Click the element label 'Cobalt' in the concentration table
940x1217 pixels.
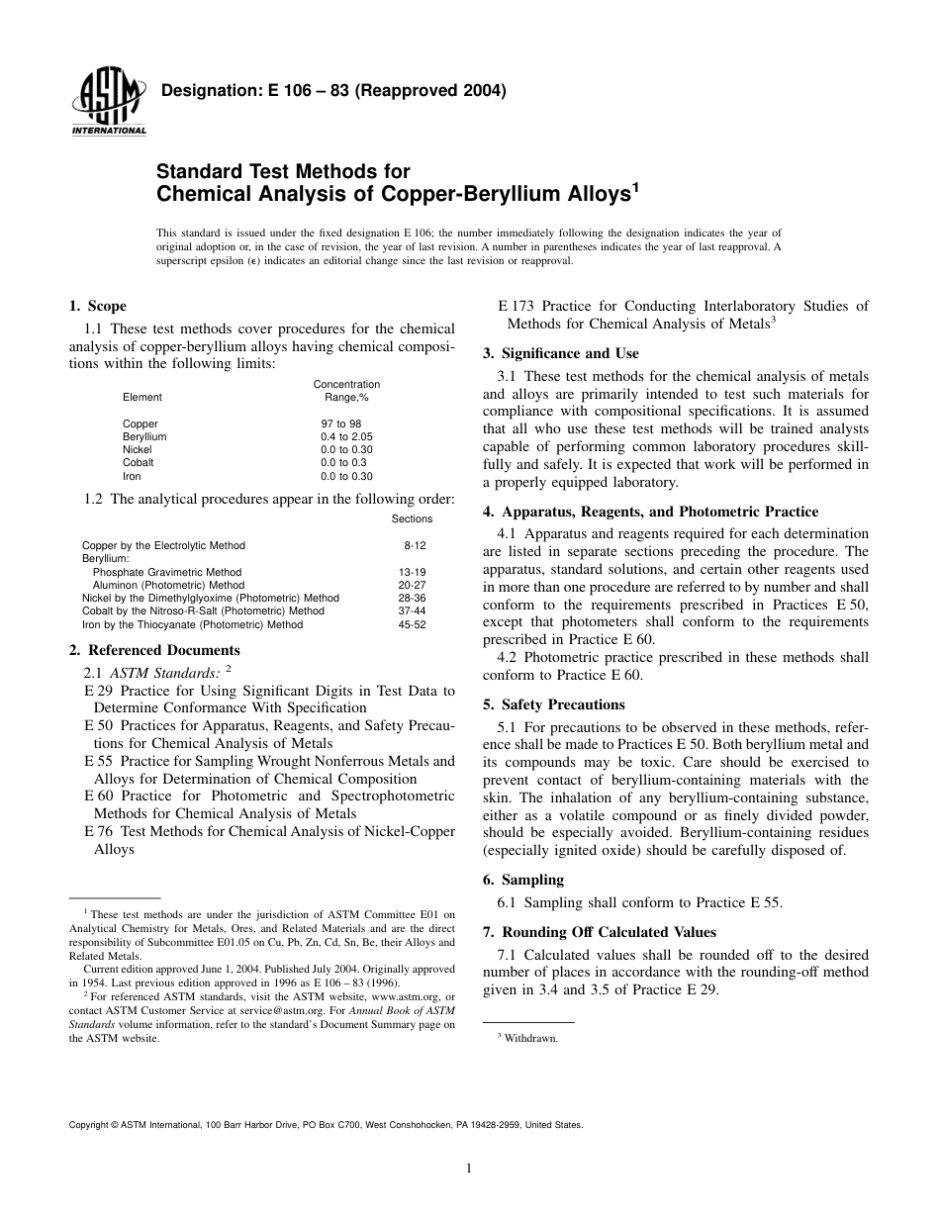(x=138, y=462)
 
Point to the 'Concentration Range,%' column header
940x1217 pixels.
(x=346, y=390)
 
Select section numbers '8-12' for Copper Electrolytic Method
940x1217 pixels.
(x=415, y=545)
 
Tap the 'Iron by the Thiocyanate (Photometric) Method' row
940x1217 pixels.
(x=192, y=624)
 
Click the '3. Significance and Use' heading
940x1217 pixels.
(x=560, y=353)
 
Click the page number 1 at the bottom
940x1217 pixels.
(x=469, y=1169)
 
